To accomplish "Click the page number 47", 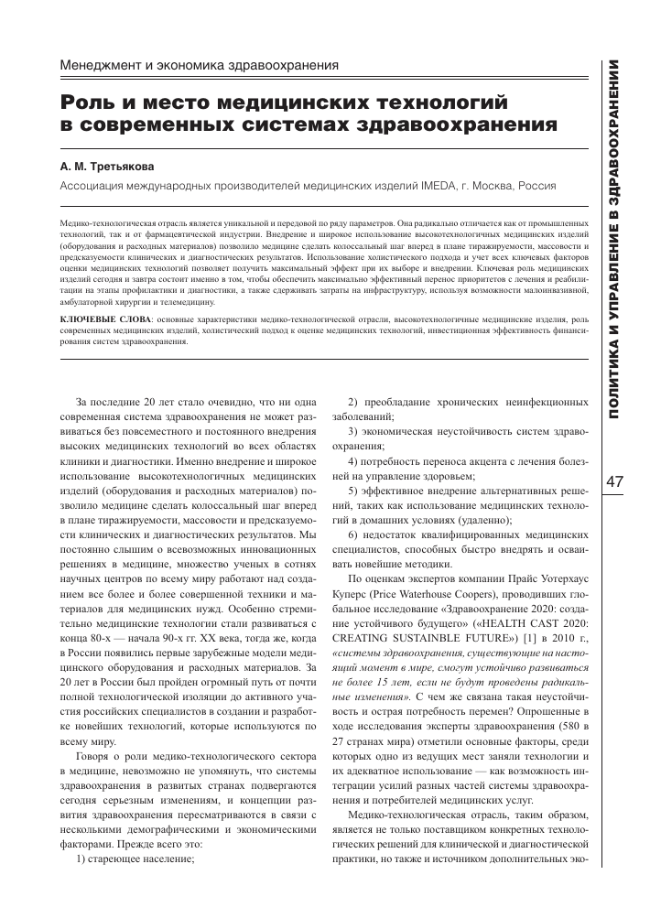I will click(615, 481).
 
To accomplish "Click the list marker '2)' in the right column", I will click(356, 403).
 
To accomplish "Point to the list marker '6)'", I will click(356, 534).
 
